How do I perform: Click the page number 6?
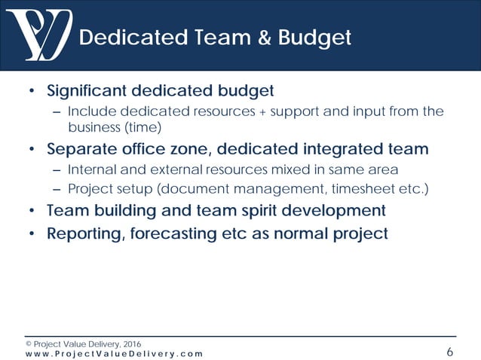pos(449,352)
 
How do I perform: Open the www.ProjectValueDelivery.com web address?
pos(114,353)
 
